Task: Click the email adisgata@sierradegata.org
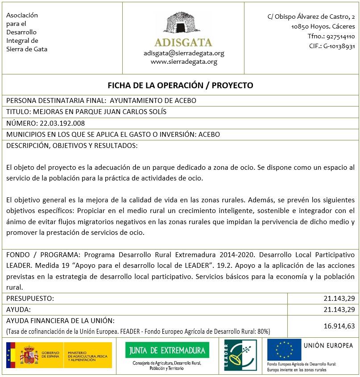184,53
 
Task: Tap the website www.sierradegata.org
184,62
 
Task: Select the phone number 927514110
340,37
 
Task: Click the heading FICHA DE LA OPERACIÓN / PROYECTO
180,85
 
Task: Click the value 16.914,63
339,326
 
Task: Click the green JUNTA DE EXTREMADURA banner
167,350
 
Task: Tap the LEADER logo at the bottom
240,355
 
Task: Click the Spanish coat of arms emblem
28,355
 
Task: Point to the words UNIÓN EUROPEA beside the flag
328,345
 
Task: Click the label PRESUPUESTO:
30,298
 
